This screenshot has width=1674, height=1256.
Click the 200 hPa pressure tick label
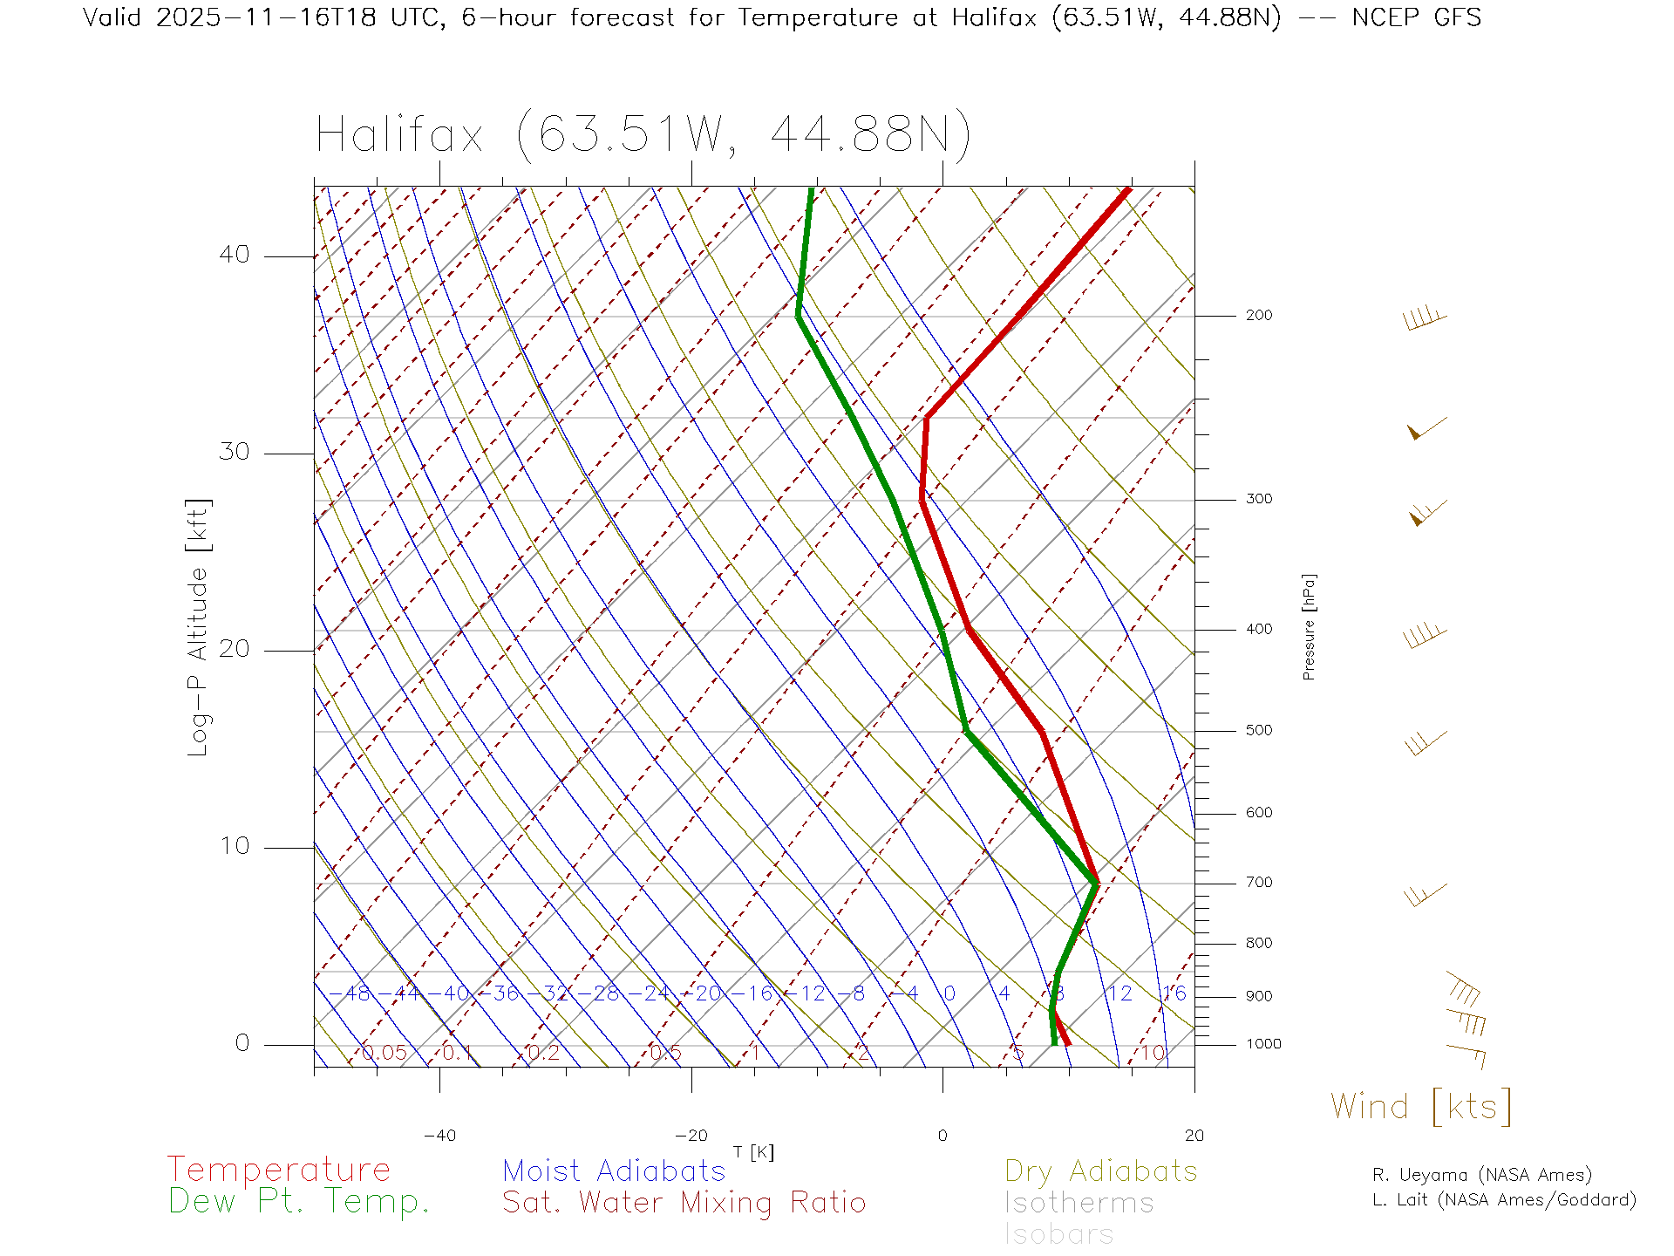coord(1258,315)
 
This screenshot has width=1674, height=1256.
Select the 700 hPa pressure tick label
coord(1258,882)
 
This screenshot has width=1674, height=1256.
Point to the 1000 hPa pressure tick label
coord(1262,1043)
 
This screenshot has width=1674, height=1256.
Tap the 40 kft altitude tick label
coord(234,255)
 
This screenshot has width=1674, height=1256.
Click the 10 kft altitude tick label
coord(234,845)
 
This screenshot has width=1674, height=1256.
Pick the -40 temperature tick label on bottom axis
coord(439,1135)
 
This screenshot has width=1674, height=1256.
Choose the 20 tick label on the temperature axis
coord(1194,1135)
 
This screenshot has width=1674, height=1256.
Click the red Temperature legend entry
coord(278,1169)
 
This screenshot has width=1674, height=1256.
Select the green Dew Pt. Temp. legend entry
coord(299,1201)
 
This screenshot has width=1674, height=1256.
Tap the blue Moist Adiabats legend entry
coord(614,1171)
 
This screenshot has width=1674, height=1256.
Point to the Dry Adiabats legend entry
coord(1100,1171)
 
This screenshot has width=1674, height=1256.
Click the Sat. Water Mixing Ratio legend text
coord(684,1202)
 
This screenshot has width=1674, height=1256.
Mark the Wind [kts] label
coord(1420,1106)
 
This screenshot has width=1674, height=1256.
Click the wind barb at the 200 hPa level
coord(1425,317)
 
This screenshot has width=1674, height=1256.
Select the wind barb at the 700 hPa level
coord(1425,894)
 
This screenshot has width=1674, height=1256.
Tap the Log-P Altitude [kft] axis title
coord(199,627)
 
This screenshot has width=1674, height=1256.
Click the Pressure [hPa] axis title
coord(1309,626)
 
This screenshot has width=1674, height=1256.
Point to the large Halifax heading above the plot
coord(643,135)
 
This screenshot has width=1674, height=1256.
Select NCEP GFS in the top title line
coord(1416,17)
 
